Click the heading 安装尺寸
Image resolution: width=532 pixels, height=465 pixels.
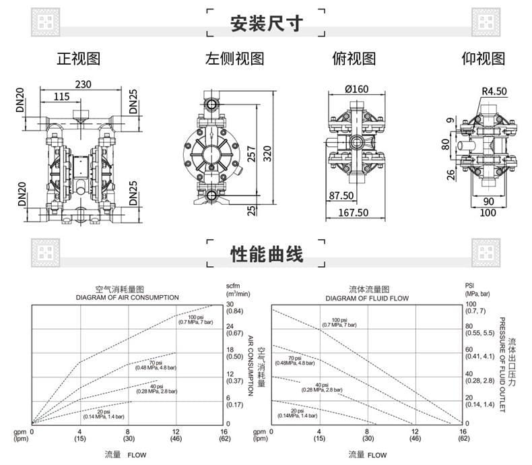[x=266, y=24]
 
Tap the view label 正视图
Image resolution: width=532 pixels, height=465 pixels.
[x=78, y=59]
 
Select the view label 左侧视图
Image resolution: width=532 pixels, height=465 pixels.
[x=234, y=59]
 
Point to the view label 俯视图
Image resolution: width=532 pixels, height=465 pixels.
[x=354, y=59]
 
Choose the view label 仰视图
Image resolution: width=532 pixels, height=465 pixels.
[x=483, y=59]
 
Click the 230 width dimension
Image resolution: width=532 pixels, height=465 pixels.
[x=83, y=84]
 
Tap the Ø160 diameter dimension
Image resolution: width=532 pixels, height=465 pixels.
[x=356, y=89]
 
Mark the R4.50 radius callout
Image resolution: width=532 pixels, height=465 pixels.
[x=494, y=92]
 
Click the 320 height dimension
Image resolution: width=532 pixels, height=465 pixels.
[x=267, y=153]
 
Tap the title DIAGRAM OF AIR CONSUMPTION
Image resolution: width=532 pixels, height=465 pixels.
[x=127, y=297]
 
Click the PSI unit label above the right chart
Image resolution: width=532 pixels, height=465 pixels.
[x=469, y=286]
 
